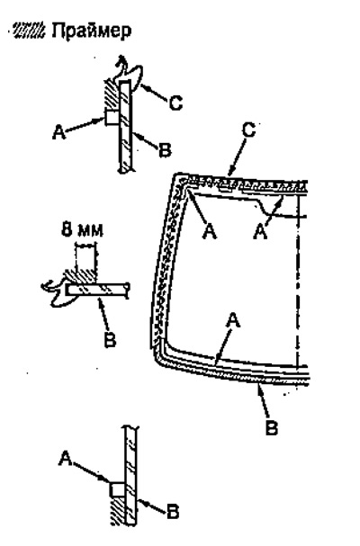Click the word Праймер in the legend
pos(91,31)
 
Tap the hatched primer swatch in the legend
pos(29,31)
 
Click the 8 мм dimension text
pos(83,230)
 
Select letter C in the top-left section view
pos(175,103)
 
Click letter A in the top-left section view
pos(59,132)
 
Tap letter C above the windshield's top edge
pos(248,130)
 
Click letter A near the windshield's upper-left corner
pos(210,231)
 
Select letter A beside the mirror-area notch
pos(260,231)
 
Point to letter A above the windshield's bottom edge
pos(233,320)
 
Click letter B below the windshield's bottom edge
pos(272,427)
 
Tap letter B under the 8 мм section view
pos(110,339)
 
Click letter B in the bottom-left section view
pos(172,512)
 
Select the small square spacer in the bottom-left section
pos(117,489)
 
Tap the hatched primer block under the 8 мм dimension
pos(81,275)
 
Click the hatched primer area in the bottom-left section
pos(118,511)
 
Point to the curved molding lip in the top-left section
pos(130,74)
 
